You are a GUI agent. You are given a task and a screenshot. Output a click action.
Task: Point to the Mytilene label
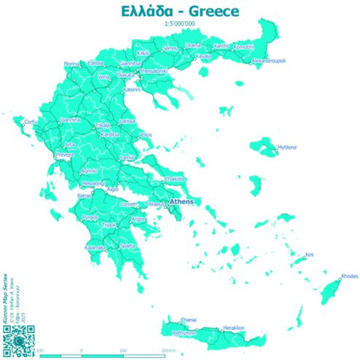point(287,148)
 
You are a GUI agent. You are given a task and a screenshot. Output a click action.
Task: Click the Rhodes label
point(349,277)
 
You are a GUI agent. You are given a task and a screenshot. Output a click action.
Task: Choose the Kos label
point(309,255)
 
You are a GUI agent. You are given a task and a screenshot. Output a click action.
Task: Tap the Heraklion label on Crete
point(233,328)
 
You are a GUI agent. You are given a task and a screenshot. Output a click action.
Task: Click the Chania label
point(168,320)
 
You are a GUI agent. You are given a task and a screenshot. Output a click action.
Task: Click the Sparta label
point(128,245)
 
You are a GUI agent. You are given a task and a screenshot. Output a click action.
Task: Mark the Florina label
point(71,64)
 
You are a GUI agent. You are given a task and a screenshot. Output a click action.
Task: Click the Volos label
point(145,135)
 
